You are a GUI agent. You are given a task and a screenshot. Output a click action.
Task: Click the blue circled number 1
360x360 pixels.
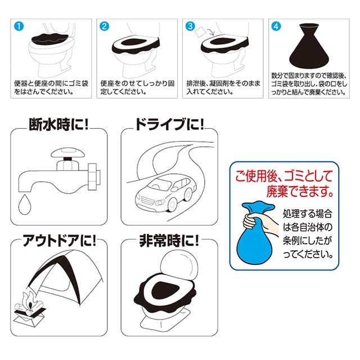(19, 26)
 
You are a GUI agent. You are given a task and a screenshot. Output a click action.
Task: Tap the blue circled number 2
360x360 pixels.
(104, 26)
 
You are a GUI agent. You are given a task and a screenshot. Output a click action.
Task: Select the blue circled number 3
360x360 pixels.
(190, 26)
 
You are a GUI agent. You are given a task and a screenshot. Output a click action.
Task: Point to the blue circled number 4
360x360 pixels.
(276, 26)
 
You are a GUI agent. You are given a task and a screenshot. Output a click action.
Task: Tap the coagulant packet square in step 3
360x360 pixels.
(200, 32)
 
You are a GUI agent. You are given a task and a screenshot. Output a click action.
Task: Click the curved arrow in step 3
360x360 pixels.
(211, 31)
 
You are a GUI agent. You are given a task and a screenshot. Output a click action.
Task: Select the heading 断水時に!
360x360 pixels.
(58, 125)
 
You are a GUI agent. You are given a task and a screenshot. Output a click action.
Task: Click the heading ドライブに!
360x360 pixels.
(169, 125)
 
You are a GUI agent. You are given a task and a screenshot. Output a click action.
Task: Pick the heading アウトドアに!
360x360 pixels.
(58, 241)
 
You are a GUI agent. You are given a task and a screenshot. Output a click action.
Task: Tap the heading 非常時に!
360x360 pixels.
(169, 241)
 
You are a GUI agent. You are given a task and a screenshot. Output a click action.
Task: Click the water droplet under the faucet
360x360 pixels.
(25, 205)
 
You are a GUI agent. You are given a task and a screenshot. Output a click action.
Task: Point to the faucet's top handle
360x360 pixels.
(67, 152)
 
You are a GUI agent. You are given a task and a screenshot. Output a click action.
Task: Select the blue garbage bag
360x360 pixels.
(255, 234)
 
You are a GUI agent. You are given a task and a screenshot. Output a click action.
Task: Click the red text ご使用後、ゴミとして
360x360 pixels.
(283, 177)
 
